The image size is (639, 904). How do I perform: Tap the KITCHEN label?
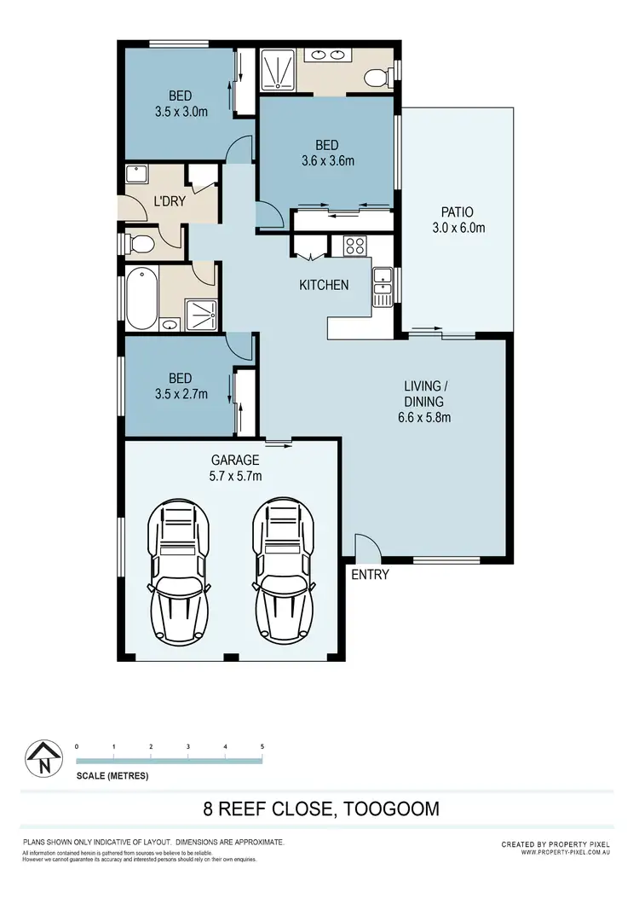[x=323, y=285]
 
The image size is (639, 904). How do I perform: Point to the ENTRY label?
[x=370, y=575]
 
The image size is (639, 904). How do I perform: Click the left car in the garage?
[x=179, y=574]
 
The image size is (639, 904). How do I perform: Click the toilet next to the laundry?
[x=140, y=246]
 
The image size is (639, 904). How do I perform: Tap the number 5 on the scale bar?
[x=262, y=746]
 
